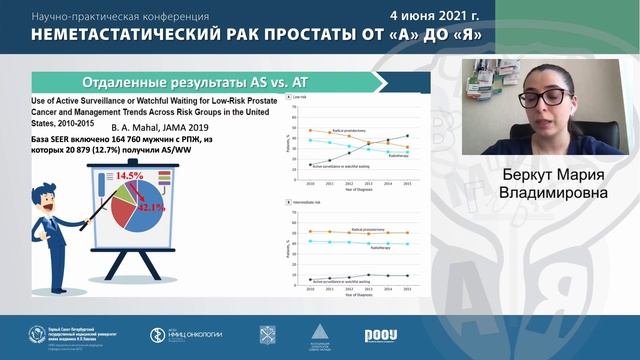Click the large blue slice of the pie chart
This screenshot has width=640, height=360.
pos(160,196)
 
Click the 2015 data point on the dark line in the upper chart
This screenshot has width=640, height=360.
pos(407,136)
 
